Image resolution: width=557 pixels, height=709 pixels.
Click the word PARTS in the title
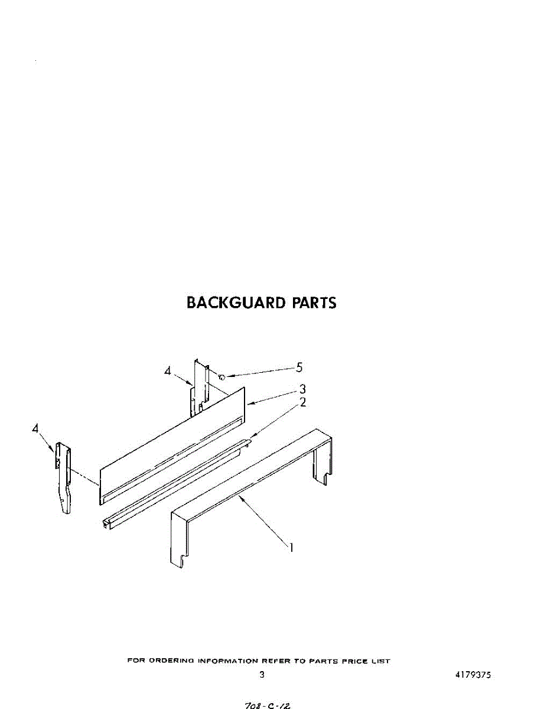(314, 303)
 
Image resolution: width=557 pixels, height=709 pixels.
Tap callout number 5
(299, 367)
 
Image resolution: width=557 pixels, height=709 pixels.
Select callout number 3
(302, 389)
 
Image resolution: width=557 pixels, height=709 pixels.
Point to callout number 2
(302, 403)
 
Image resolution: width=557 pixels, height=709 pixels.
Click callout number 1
(291, 548)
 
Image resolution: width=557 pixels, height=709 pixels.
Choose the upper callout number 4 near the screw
(168, 371)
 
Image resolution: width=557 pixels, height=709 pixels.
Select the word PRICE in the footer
(355, 661)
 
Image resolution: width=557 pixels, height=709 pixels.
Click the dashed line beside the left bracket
(83, 476)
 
